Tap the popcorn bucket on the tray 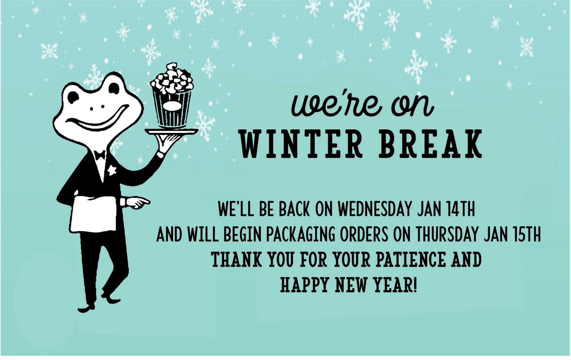coord(172,96)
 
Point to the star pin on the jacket coord(112,170)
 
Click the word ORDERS coord(363,234)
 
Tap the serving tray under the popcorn coord(172,131)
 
